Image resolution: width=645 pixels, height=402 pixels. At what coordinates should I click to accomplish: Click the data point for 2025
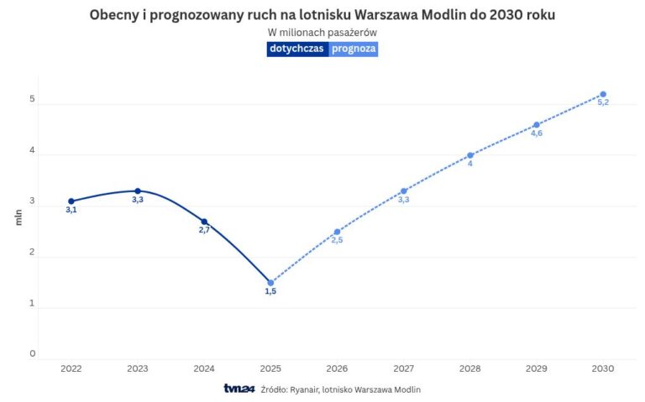(270, 283)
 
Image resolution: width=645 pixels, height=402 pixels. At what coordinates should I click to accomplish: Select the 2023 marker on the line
(138, 191)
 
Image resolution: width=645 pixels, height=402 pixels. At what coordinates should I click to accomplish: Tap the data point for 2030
(603, 94)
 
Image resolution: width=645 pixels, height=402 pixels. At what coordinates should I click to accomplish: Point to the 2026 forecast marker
(337, 232)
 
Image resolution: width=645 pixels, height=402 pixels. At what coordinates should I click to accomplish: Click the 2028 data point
(470, 155)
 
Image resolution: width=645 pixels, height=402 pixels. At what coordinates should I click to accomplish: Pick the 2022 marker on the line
(71, 201)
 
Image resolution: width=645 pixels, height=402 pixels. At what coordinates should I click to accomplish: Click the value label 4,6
(537, 133)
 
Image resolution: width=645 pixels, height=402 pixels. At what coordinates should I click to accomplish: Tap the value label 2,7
(204, 230)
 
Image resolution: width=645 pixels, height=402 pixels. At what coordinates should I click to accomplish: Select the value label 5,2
(603, 102)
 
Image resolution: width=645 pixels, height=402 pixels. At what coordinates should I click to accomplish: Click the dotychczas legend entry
(297, 49)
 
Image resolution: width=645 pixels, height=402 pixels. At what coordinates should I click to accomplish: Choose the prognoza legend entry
(354, 49)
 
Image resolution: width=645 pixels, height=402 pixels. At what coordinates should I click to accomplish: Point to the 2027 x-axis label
(403, 368)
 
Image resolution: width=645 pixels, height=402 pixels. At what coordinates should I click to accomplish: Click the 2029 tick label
(537, 368)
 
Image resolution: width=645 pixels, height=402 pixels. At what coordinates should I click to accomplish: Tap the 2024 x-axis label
(204, 368)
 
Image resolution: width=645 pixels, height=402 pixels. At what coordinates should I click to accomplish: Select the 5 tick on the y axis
(33, 100)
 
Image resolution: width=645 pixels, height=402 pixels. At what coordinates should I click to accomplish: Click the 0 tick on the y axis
(33, 354)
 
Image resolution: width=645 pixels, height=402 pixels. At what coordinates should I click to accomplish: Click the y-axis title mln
(18, 217)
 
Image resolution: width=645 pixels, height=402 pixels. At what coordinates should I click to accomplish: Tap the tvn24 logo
(239, 389)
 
